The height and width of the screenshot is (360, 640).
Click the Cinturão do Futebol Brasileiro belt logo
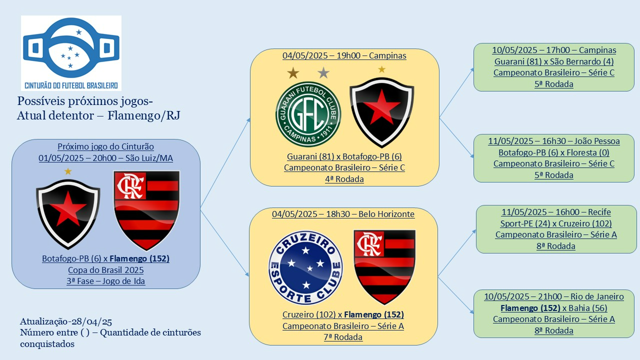pos(71,53)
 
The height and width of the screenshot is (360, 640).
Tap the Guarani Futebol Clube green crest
pos(308,114)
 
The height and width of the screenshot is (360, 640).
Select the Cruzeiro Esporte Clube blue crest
pos(305,267)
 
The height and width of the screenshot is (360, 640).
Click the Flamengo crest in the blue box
pos(146,210)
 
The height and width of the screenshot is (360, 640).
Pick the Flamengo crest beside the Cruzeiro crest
pos(384,267)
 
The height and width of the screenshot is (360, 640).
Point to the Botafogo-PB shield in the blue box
pos(68,214)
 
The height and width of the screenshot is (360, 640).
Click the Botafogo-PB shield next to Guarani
pos(382,112)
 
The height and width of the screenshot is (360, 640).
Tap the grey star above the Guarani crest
pos(323,72)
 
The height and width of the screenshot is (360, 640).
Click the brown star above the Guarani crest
pos(293,73)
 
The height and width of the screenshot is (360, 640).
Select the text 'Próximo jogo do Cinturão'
pos(105,146)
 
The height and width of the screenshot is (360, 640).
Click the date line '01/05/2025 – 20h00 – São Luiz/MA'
pos(105,158)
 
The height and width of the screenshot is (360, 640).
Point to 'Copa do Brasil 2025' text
pos(105,270)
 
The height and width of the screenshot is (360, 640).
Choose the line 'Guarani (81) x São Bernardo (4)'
pos(554,61)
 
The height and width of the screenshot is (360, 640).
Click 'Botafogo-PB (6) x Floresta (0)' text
pos(554,152)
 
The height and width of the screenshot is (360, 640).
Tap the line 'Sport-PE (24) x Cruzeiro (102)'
pos(556,223)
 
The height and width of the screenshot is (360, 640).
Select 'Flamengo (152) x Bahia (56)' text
pos(554,308)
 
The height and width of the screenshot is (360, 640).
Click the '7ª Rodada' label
pos(343,337)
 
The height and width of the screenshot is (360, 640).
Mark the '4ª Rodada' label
pos(344,179)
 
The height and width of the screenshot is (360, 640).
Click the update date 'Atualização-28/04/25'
pos(66,321)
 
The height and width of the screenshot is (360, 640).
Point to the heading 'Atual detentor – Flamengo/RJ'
pos(98,115)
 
